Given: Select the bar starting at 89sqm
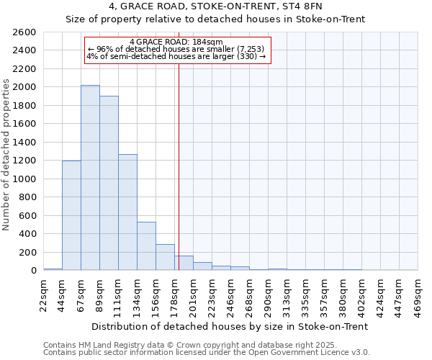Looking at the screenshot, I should [109, 183].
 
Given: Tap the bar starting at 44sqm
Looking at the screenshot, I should [71, 215].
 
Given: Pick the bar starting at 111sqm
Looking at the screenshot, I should [127, 212].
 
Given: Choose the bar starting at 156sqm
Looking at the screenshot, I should [165, 257].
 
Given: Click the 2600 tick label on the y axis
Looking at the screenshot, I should [24, 32].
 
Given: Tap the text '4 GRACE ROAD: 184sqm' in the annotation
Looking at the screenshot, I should [176, 42].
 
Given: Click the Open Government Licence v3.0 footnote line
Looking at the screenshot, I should [207, 352].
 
